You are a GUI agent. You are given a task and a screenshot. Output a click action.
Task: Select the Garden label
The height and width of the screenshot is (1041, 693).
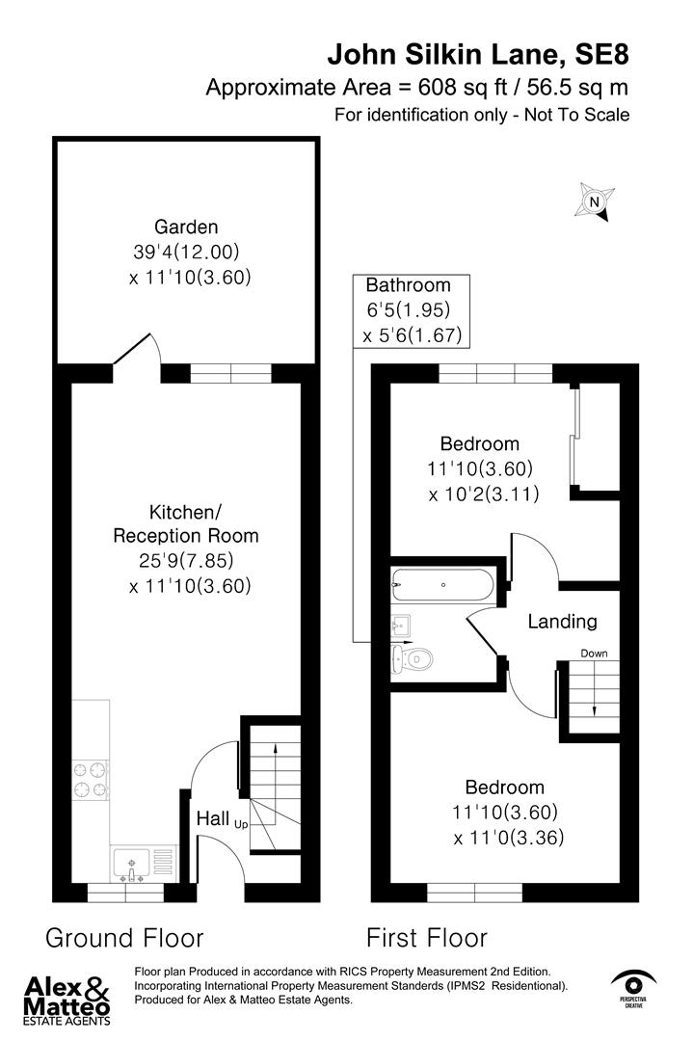pyautogui.click(x=190, y=227)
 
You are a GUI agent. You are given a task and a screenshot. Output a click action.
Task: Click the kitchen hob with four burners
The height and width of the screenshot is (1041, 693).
pyautogui.click(x=89, y=780)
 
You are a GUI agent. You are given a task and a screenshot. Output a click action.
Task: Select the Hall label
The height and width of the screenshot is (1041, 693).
pyautogui.click(x=212, y=818)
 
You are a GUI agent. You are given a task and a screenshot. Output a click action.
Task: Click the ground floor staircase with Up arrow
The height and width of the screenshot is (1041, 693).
pyautogui.click(x=275, y=786)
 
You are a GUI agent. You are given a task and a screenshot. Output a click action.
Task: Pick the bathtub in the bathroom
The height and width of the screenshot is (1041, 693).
pyautogui.click(x=442, y=584)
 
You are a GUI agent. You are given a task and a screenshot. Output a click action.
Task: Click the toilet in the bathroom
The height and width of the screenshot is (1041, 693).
pyautogui.click(x=413, y=659)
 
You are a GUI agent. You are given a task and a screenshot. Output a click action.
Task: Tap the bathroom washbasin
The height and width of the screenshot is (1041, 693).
pyautogui.click(x=402, y=627)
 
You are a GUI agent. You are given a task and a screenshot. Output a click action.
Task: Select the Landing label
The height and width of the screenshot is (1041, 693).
pyautogui.click(x=562, y=622)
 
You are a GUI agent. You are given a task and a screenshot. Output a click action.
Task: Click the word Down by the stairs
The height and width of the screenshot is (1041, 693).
pyautogui.click(x=594, y=654)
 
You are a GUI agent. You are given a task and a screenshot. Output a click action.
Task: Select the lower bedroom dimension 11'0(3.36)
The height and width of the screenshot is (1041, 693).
pyautogui.click(x=508, y=838)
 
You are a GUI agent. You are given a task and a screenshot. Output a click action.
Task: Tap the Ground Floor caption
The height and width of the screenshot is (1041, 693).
pyautogui.click(x=124, y=937)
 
